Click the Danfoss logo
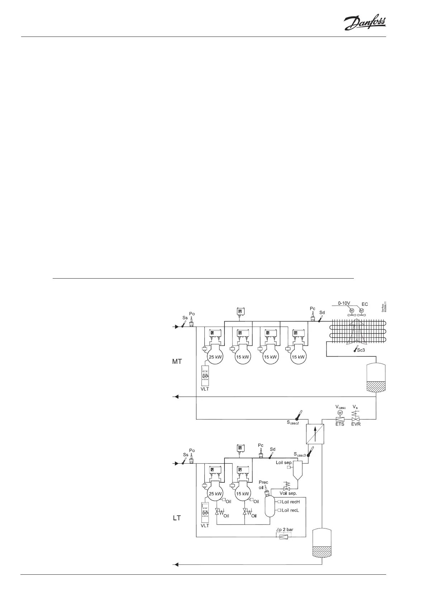click(365, 24)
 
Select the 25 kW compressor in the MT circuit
click(214, 357)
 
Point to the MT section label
click(177, 362)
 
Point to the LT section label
click(177, 518)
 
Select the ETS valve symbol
click(340, 419)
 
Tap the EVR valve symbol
click(356, 419)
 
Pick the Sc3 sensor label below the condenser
click(361, 350)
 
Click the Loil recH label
click(290, 502)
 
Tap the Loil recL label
click(290, 510)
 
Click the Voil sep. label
click(288, 493)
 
